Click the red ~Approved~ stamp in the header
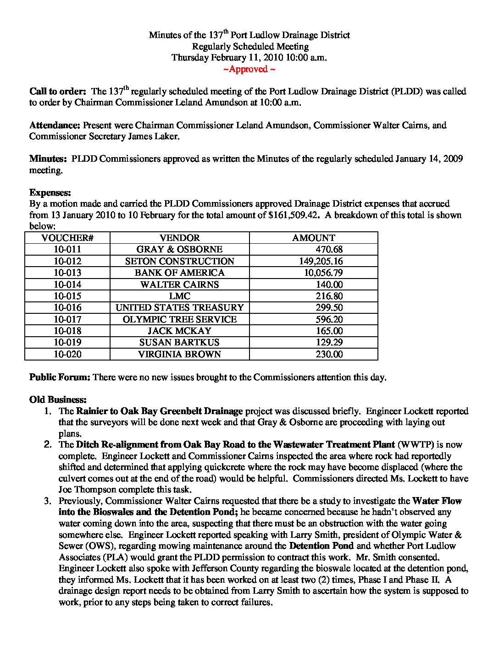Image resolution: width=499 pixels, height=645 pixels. pyautogui.click(x=249, y=69)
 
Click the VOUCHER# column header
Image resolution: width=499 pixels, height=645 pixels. pyautogui.click(x=67, y=238)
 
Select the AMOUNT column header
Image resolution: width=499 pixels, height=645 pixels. pyautogui.click(x=314, y=238)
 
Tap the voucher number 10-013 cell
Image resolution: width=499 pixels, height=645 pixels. pyautogui.click(x=67, y=273)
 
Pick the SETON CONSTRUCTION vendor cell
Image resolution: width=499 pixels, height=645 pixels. pyautogui.click(x=180, y=261)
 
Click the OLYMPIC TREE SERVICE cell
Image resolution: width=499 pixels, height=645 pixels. pyautogui.click(x=180, y=319)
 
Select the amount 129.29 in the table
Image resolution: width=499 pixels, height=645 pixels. pyautogui.click(x=329, y=342)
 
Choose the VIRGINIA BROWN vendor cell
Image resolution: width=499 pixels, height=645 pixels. pyautogui.click(x=180, y=354)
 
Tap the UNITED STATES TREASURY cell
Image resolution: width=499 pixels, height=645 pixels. pyautogui.click(x=180, y=307)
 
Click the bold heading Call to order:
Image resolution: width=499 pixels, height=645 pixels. pyautogui.click(x=58, y=92)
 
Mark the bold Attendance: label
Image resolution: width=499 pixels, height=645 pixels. pyautogui.click(x=55, y=125)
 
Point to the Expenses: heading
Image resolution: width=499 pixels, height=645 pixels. pyautogui.click(x=50, y=192)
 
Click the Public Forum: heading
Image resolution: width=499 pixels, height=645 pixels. pyautogui.click(x=60, y=377)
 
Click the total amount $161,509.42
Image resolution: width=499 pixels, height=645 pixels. pyautogui.click(x=294, y=215)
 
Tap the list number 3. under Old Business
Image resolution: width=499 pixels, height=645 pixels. pyautogui.click(x=48, y=501)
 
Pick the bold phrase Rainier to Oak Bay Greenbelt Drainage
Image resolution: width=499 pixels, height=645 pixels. pyautogui.click(x=159, y=411)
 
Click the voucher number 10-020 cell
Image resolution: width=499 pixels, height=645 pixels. pyautogui.click(x=67, y=354)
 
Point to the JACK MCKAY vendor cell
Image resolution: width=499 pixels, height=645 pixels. pyautogui.click(x=180, y=331)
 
